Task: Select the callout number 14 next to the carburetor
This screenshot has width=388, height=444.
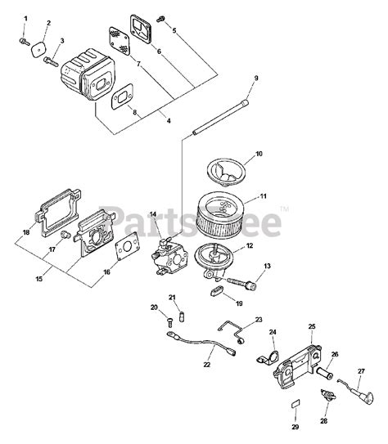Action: tap(153, 215)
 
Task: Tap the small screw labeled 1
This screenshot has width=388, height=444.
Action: tap(25, 35)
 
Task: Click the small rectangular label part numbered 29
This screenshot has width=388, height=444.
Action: tap(296, 406)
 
